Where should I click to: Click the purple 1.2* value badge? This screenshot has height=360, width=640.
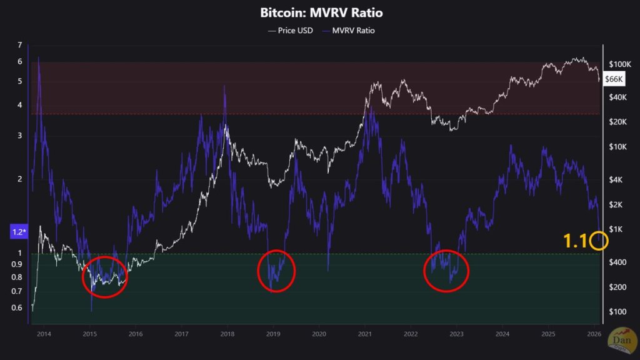19,232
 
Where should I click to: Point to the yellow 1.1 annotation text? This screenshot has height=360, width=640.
575,241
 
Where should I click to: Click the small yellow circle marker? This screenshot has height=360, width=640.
599,241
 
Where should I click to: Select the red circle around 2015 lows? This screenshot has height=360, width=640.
104,276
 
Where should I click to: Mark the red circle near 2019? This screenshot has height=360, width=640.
276,270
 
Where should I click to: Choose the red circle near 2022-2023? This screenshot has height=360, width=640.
446,270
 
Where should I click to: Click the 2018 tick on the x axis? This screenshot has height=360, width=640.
227,334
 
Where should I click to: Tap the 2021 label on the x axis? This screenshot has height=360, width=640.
364,334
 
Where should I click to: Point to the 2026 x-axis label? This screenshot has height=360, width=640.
593,334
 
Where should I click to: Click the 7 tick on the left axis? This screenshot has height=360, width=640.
20,45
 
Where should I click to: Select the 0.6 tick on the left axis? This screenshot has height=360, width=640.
18,307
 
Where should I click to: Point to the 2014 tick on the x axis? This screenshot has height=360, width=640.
44,334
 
